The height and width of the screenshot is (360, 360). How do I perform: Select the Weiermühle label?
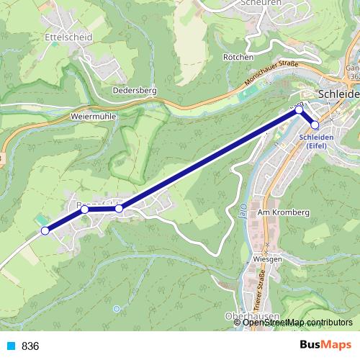click(x=90, y=115)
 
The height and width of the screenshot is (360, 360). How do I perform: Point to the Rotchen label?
click(x=238, y=57)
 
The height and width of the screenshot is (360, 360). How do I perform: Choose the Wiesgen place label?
click(x=266, y=258)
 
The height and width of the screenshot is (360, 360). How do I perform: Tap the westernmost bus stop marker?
click(x=45, y=230)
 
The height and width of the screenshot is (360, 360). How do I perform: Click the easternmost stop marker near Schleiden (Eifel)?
click(x=315, y=125)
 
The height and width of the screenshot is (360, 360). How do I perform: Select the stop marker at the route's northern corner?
click(x=299, y=110)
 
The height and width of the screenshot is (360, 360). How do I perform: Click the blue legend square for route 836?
click(x=10, y=346)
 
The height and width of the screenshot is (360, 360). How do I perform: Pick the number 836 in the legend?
click(x=30, y=346)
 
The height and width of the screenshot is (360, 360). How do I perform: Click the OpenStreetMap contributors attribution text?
click(x=297, y=322)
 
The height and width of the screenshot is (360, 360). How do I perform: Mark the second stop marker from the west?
click(x=84, y=209)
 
